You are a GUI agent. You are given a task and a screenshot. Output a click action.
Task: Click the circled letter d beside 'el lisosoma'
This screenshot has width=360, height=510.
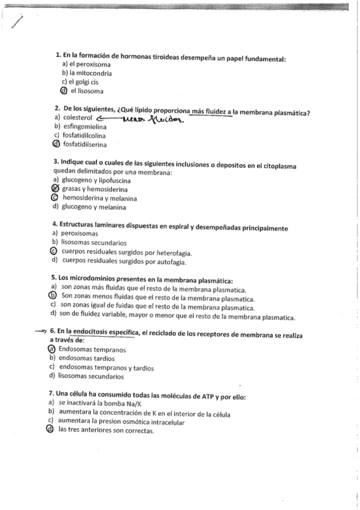(x=64, y=91)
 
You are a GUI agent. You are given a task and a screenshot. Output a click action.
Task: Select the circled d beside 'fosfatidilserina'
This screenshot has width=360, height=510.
(x=56, y=144)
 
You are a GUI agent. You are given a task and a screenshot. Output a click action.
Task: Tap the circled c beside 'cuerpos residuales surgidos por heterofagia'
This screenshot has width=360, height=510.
(x=53, y=251)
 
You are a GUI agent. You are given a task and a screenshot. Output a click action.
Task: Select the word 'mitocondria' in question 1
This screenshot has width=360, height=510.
(x=91, y=73)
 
